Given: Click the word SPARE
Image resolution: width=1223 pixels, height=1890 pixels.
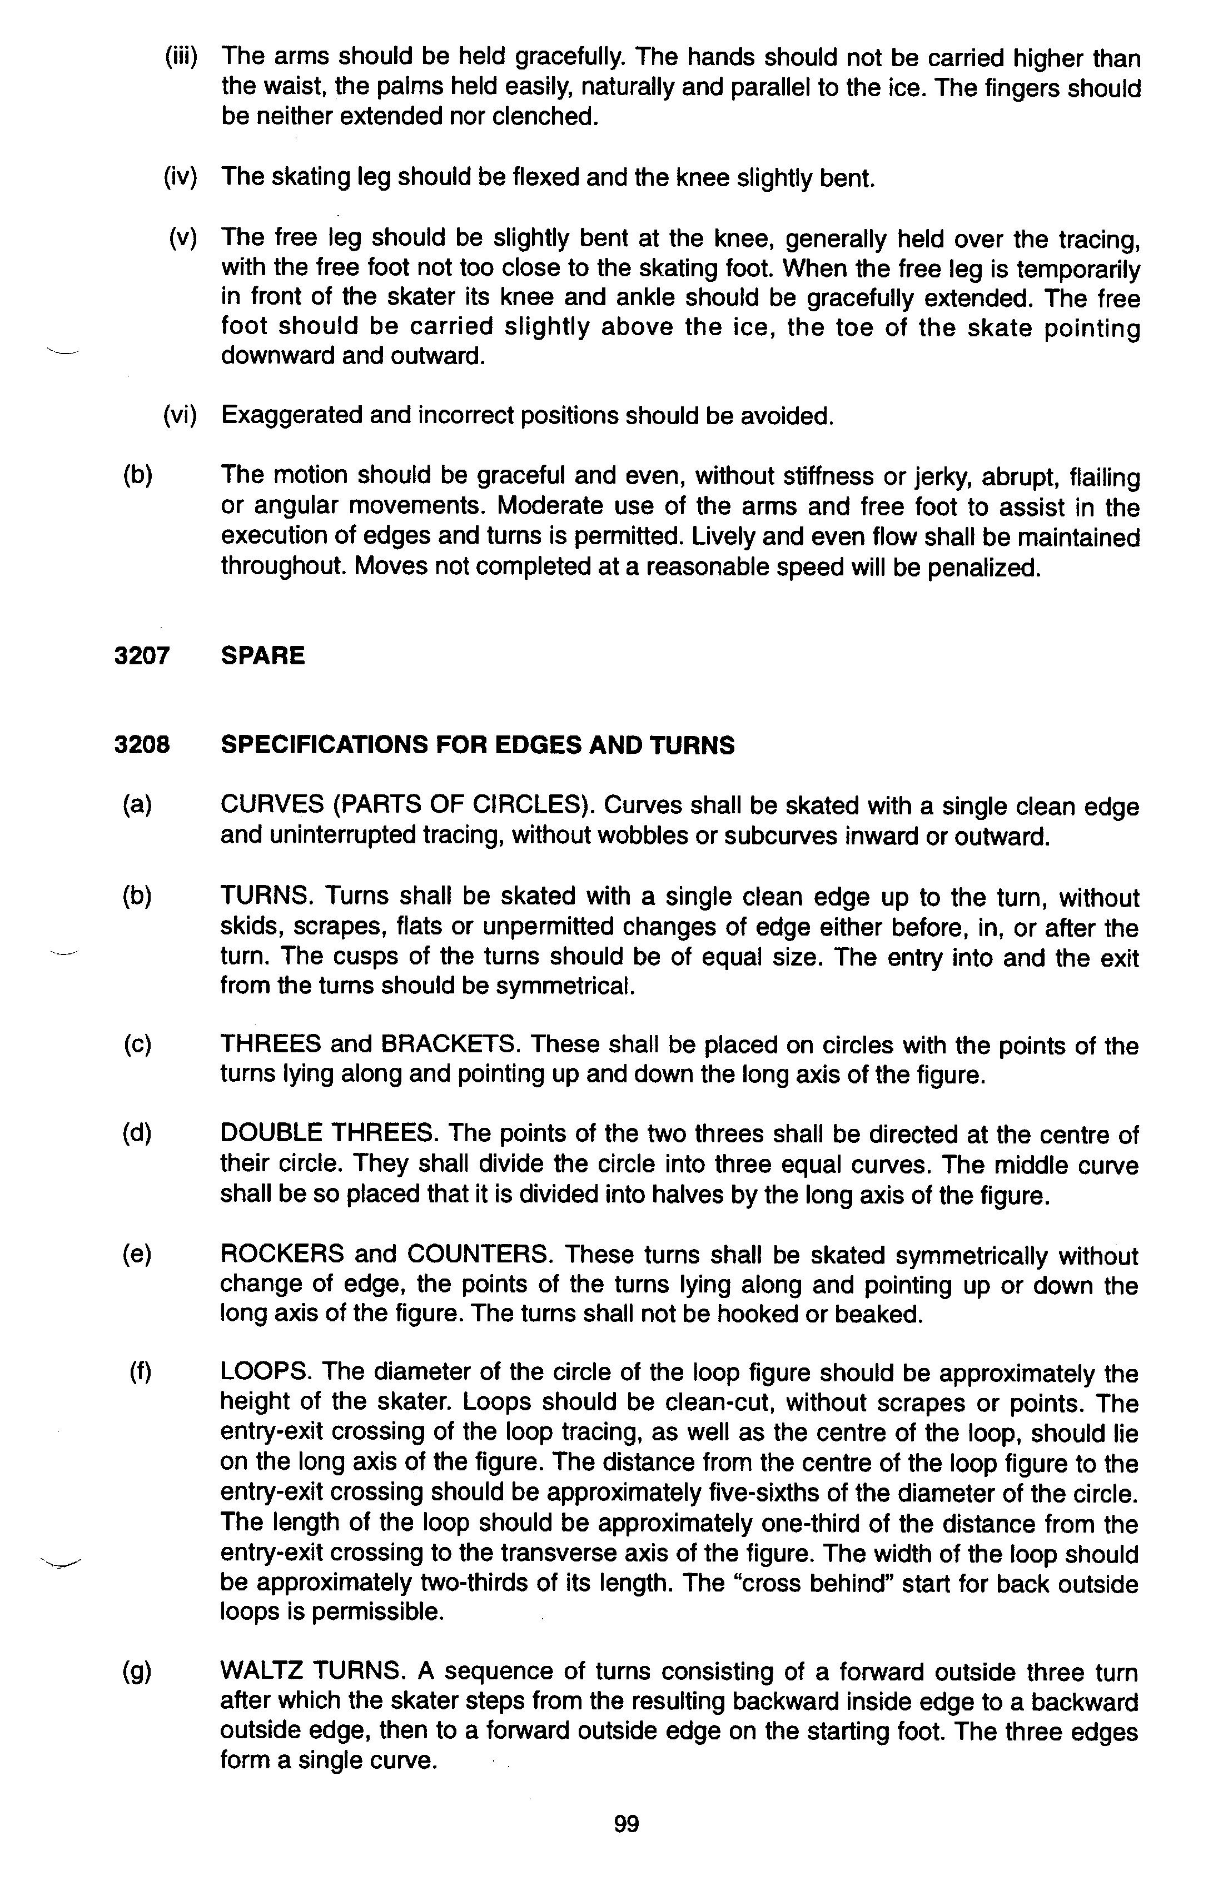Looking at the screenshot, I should tap(263, 656).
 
